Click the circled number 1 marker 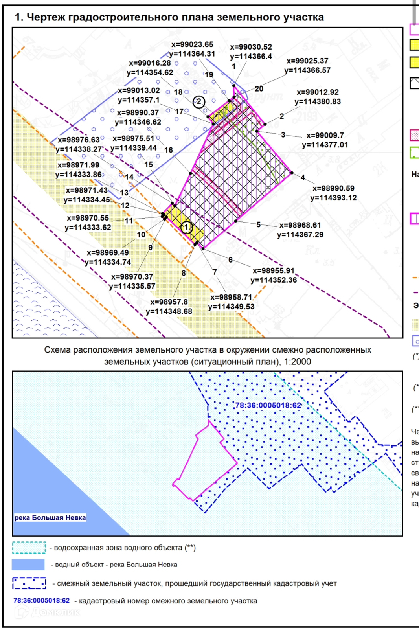coord(186,227)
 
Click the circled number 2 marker coord(199,102)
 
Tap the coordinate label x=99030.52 coord(251,47)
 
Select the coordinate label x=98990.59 coord(333,188)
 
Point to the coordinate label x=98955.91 coord(274,270)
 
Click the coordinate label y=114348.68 coord(169,311)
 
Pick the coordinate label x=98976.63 coord(79,140)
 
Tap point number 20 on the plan coord(259,89)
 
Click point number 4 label coord(303,178)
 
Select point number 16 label coord(169,150)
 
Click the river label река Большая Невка coord(50,517)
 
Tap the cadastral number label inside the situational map coord(268,405)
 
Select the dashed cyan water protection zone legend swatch coord(29,548)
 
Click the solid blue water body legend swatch coord(28,565)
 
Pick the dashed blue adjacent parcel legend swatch coord(29,583)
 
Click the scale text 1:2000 coord(297,362)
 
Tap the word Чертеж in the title coord(46,17)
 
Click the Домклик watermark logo coord(47,612)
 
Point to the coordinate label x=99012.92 coord(318,92)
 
